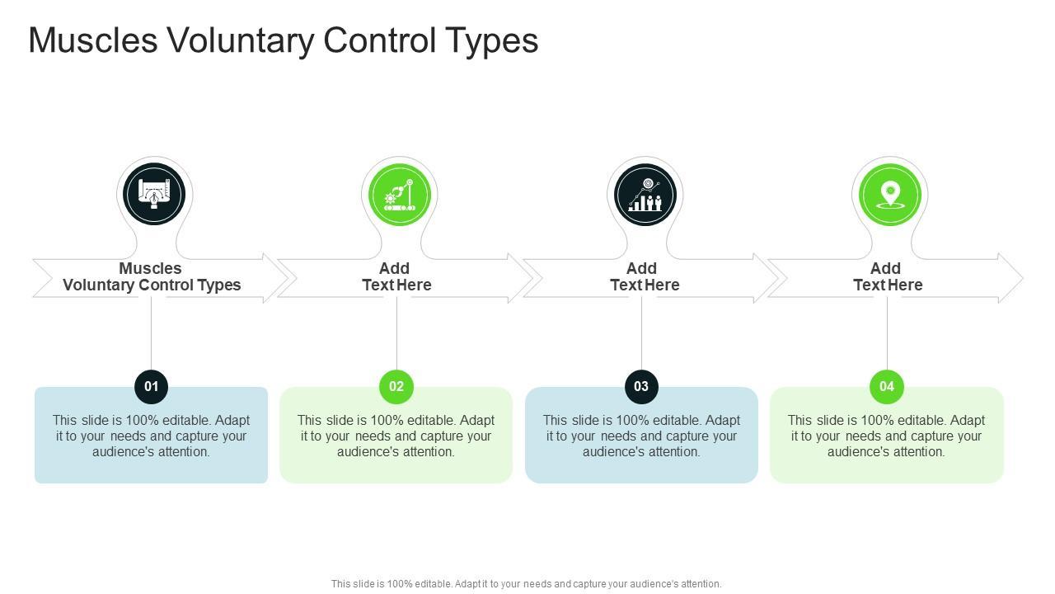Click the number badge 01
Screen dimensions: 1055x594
[x=152, y=386]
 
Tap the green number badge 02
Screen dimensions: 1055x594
[x=396, y=386]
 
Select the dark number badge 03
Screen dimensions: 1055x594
[x=641, y=386]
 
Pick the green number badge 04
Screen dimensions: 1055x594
[x=887, y=386]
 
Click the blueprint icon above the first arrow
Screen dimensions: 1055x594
[x=154, y=195]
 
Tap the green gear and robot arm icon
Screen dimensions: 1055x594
[x=399, y=195]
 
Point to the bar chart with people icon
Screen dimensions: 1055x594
[x=645, y=195]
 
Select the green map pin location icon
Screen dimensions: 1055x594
[x=889, y=195]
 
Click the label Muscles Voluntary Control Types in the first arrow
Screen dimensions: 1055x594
[x=152, y=276]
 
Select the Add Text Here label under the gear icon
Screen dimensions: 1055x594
[x=396, y=276]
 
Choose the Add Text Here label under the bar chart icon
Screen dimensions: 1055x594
[x=644, y=276]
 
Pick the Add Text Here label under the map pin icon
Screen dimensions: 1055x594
[x=888, y=276]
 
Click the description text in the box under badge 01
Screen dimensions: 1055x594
[x=152, y=436]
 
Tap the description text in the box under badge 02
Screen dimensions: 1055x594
[x=396, y=436]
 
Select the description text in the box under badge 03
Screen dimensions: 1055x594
[x=641, y=436]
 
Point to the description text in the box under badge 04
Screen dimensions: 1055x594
[x=887, y=436]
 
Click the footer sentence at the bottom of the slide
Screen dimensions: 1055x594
[x=527, y=583]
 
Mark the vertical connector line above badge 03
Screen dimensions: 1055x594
[x=641, y=333]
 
